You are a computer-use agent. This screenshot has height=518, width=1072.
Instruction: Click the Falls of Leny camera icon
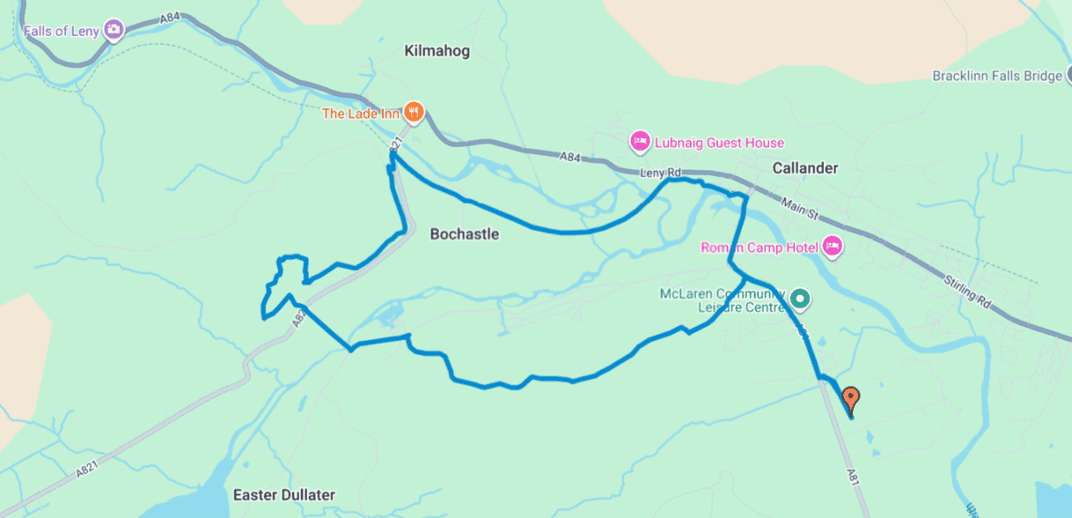(x=114, y=30)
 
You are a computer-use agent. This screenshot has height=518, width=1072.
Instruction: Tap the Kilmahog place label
(x=437, y=51)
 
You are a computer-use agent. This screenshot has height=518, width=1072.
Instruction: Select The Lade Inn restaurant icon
(x=415, y=112)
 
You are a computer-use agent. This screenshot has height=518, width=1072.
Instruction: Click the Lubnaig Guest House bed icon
(x=640, y=141)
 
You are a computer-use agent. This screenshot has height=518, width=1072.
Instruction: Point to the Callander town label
(x=804, y=167)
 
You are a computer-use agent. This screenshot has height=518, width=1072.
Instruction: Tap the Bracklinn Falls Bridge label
(x=997, y=76)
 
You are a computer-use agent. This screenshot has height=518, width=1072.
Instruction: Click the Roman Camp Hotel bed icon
(x=833, y=247)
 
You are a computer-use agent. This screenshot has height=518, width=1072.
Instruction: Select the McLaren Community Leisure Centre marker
(x=799, y=300)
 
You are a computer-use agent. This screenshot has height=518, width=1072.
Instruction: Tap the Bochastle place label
(x=464, y=234)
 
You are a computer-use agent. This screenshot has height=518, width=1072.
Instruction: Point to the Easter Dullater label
(x=283, y=494)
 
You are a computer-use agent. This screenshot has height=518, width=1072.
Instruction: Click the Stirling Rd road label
(x=966, y=291)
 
